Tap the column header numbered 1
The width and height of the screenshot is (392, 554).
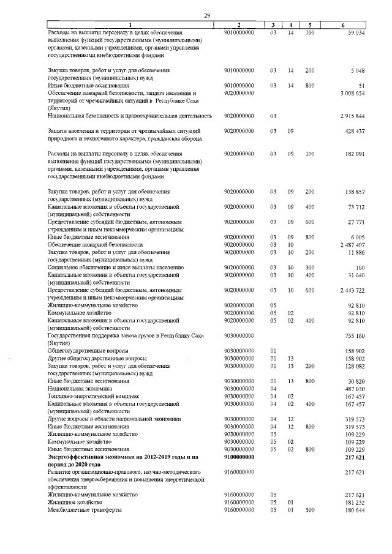130,24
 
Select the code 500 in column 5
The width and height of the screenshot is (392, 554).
310,510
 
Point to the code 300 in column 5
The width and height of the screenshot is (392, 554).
310,267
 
